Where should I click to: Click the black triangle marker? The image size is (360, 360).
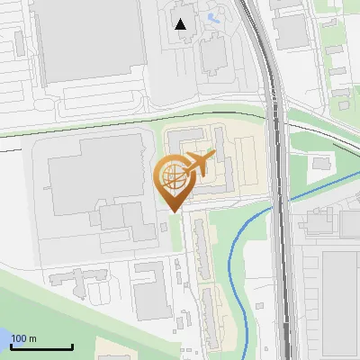[x=181, y=24]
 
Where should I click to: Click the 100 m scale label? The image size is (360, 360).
[x=23, y=338]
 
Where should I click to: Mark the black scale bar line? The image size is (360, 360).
[x=41, y=346]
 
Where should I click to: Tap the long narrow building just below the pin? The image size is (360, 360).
[x=200, y=247]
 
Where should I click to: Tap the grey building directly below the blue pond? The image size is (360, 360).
[x=214, y=54]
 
